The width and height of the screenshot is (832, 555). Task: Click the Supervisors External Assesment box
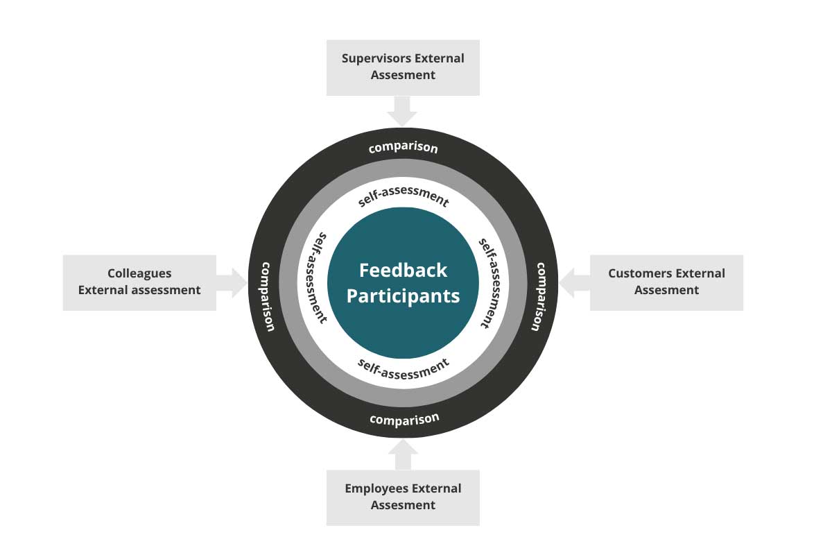403,67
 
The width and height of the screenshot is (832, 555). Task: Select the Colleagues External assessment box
139,282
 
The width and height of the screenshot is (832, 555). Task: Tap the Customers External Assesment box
666,282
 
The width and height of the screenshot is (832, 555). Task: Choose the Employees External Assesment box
403,497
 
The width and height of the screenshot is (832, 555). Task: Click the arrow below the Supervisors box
403,111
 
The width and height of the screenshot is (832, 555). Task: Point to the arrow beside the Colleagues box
232,282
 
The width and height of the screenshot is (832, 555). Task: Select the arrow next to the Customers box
574,282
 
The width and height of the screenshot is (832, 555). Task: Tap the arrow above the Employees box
403,454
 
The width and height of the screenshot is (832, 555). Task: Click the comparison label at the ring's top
403,148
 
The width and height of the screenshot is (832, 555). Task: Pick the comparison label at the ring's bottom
404,419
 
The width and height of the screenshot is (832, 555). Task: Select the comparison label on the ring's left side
268,296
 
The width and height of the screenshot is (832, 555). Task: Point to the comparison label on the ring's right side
539,296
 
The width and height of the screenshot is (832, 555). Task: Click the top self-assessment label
404,196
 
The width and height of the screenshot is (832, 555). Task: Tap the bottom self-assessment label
404,368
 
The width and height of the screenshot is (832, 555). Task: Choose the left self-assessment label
318,277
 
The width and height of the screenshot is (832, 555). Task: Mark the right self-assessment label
488,282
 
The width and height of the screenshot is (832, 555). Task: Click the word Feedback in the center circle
403,270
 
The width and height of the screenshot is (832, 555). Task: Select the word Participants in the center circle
403,296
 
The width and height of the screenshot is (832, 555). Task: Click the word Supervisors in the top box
372,59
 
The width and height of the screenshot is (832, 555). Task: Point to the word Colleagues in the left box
139,274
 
